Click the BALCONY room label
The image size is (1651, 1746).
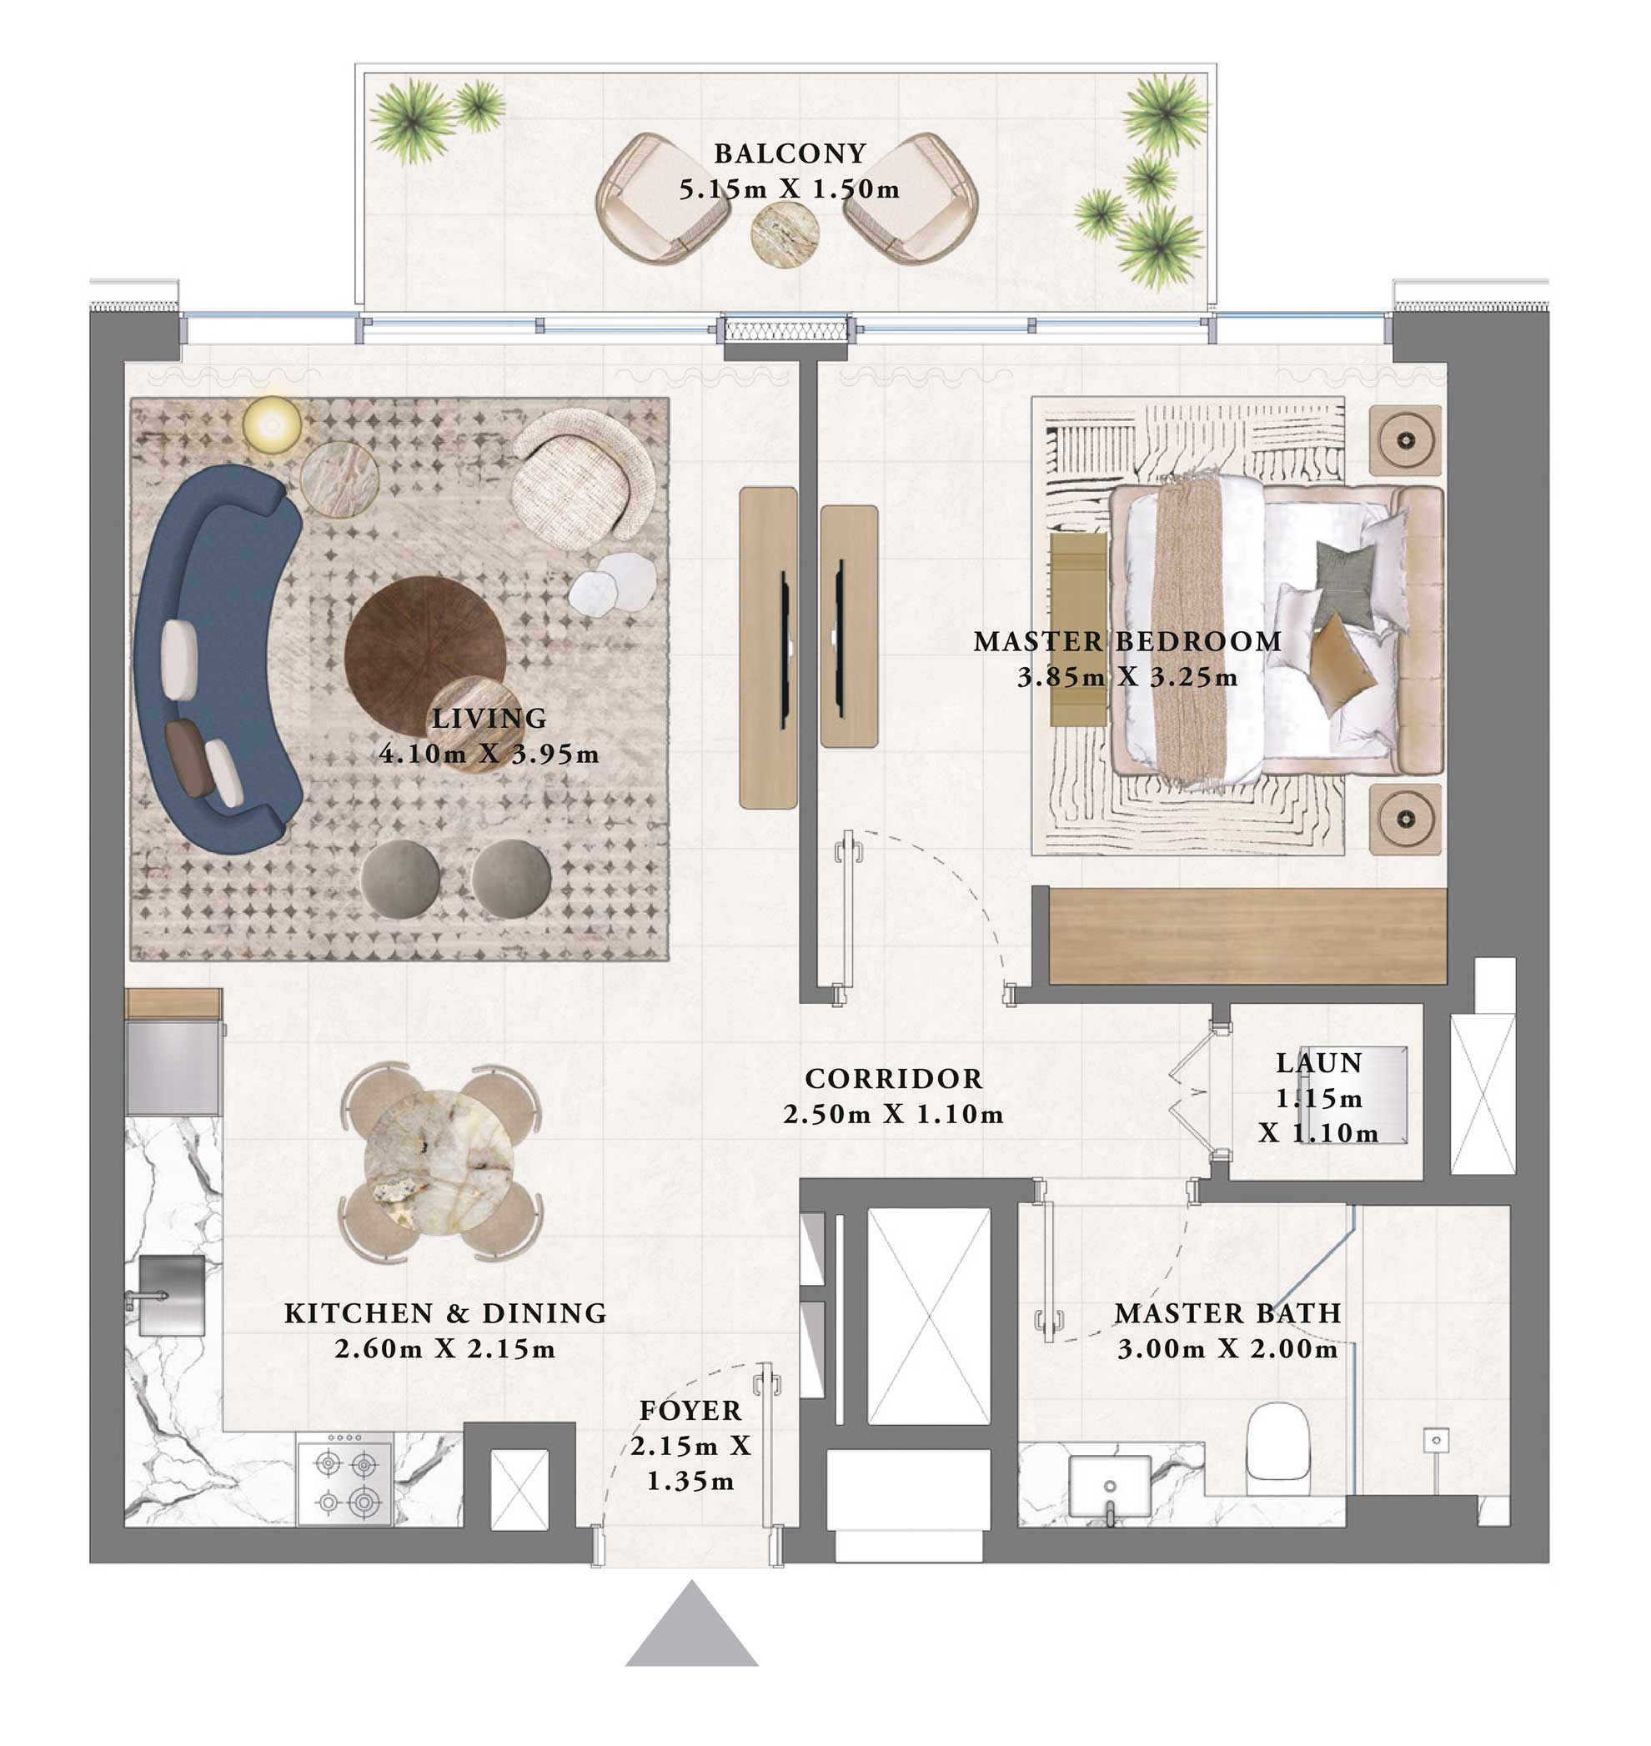pyautogui.click(x=790, y=153)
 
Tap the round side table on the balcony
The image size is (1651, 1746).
pyautogui.click(x=784, y=235)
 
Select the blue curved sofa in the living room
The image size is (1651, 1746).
pyautogui.click(x=211, y=660)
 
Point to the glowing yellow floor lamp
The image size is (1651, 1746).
pyautogui.click(x=272, y=425)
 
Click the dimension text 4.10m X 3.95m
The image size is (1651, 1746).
pyautogui.click(x=489, y=755)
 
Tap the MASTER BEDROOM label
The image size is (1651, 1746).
pyautogui.click(x=1127, y=641)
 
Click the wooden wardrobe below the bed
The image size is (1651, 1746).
pyautogui.click(x=1247, y=936)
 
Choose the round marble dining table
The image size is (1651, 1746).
pyautogui.click(x=439, y=1161)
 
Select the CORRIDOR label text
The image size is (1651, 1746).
pyautogui.click(x=893, y=1079)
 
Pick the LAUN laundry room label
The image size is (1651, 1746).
pyautogui.click(x=1318, y=1063)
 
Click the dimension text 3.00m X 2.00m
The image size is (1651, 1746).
pyautogui.click(x=1227, y=1349)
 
